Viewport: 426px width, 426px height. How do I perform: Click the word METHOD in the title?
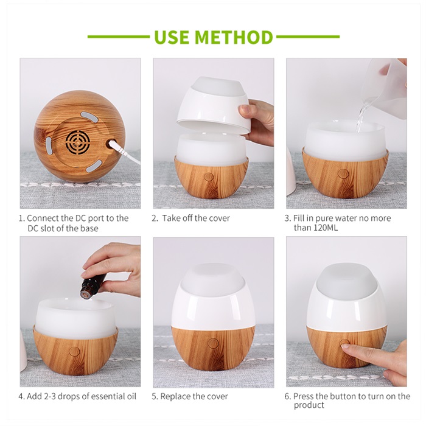click(234, 37)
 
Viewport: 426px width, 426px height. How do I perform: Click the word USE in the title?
click(172, 37)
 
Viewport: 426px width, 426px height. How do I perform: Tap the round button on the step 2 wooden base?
click(209, 177)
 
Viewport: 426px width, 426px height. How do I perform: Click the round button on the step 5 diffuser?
click(213, 343)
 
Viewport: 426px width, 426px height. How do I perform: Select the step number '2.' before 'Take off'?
click(155, 218)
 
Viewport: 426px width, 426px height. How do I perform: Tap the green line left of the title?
click(119, 37)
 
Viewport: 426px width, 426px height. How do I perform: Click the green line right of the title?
click(308, 37)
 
